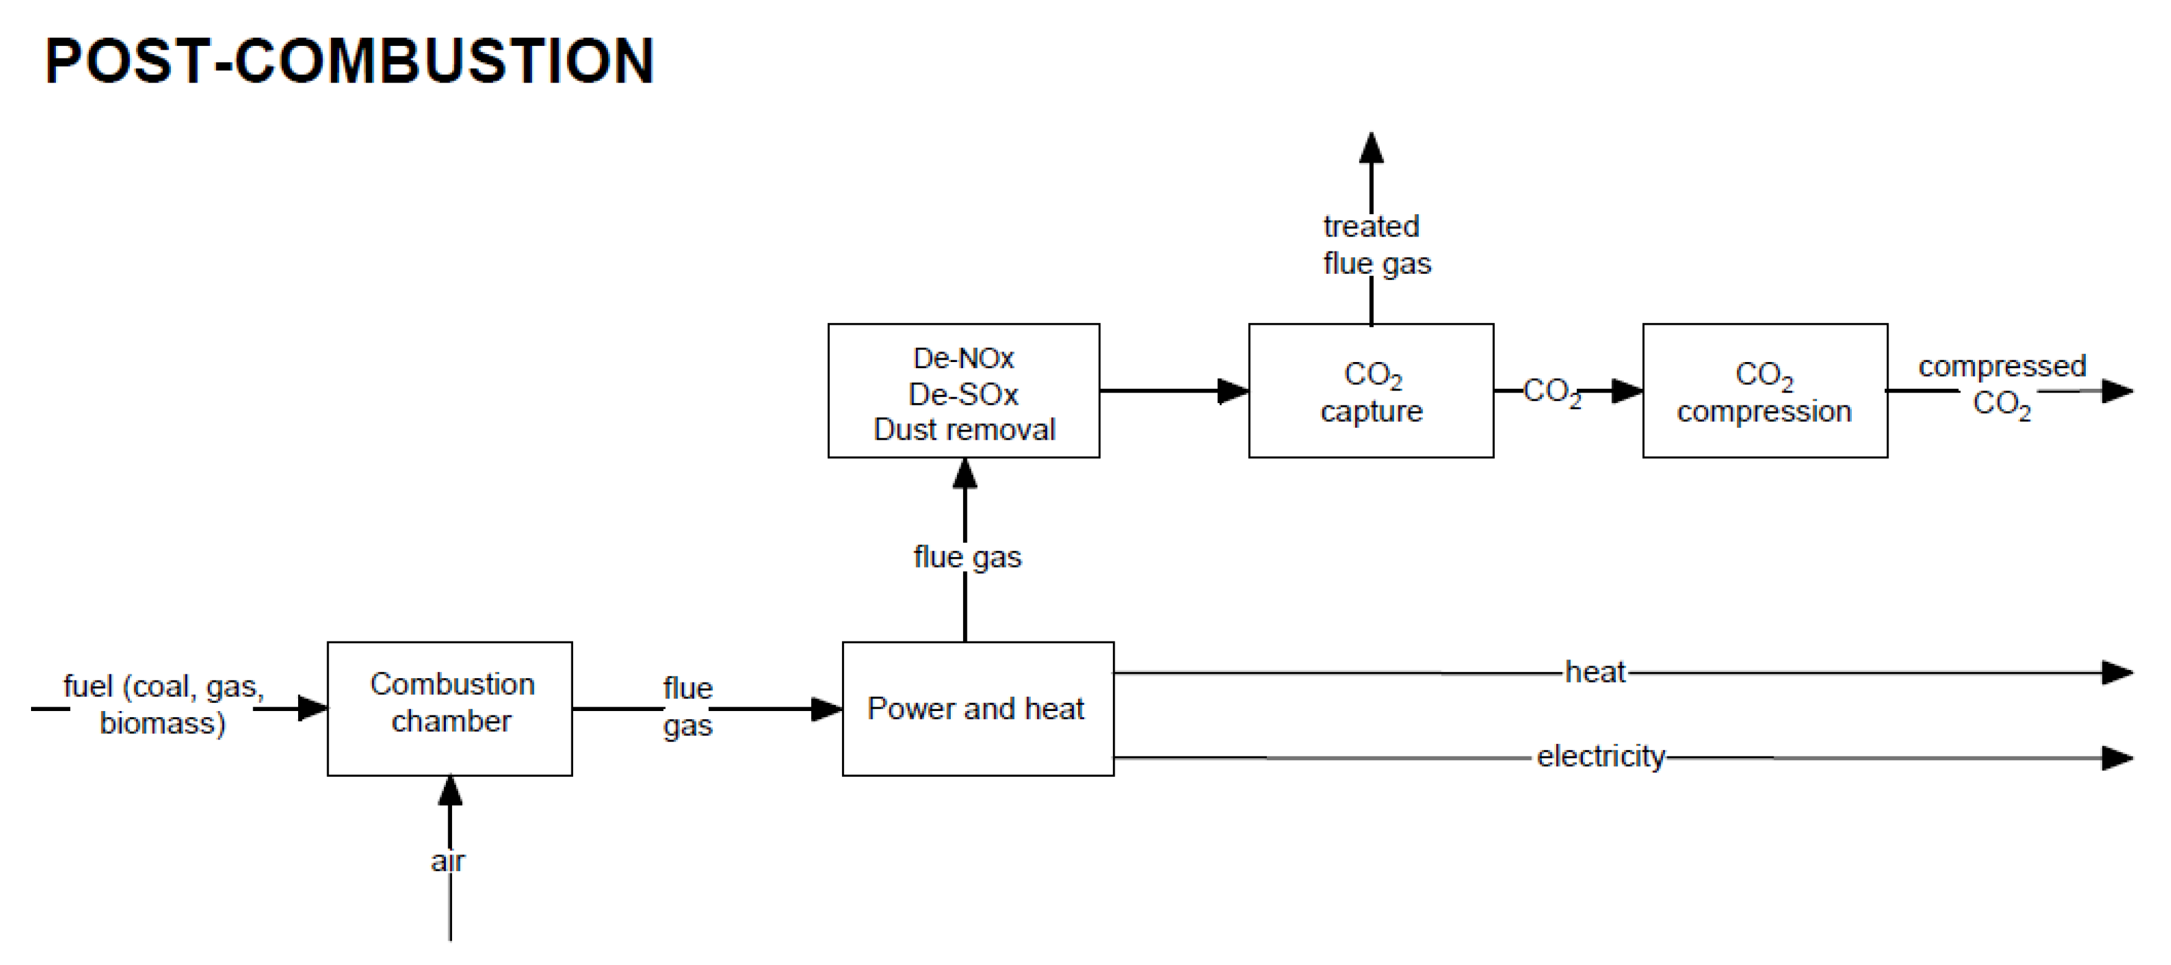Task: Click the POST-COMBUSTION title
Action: click(x=349, y=61)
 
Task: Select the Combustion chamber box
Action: click(x=450, y=708)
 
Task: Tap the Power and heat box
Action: click(x=977, y=708)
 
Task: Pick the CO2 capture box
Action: click(x=1371, y=391)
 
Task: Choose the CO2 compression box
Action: click(x=1765, y=391)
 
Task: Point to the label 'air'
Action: click(x=448, y=861)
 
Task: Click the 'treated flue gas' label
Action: click(x=1376, y=245)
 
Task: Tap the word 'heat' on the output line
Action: click(x=1595, y=672)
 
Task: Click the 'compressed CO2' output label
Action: click(x=2001, y=384)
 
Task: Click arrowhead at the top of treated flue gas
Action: click(x=1371, y=148)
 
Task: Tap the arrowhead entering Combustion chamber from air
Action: click(x=450, y=791)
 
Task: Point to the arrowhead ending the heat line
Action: click(x=2116, y=673)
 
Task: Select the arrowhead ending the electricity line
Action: click(x=2116, y=758)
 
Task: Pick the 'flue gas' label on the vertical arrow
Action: click(x=967, y=557)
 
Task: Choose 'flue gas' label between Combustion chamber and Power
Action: click(x=687, y=706)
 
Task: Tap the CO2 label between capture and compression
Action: click(x=1551, y=392)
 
